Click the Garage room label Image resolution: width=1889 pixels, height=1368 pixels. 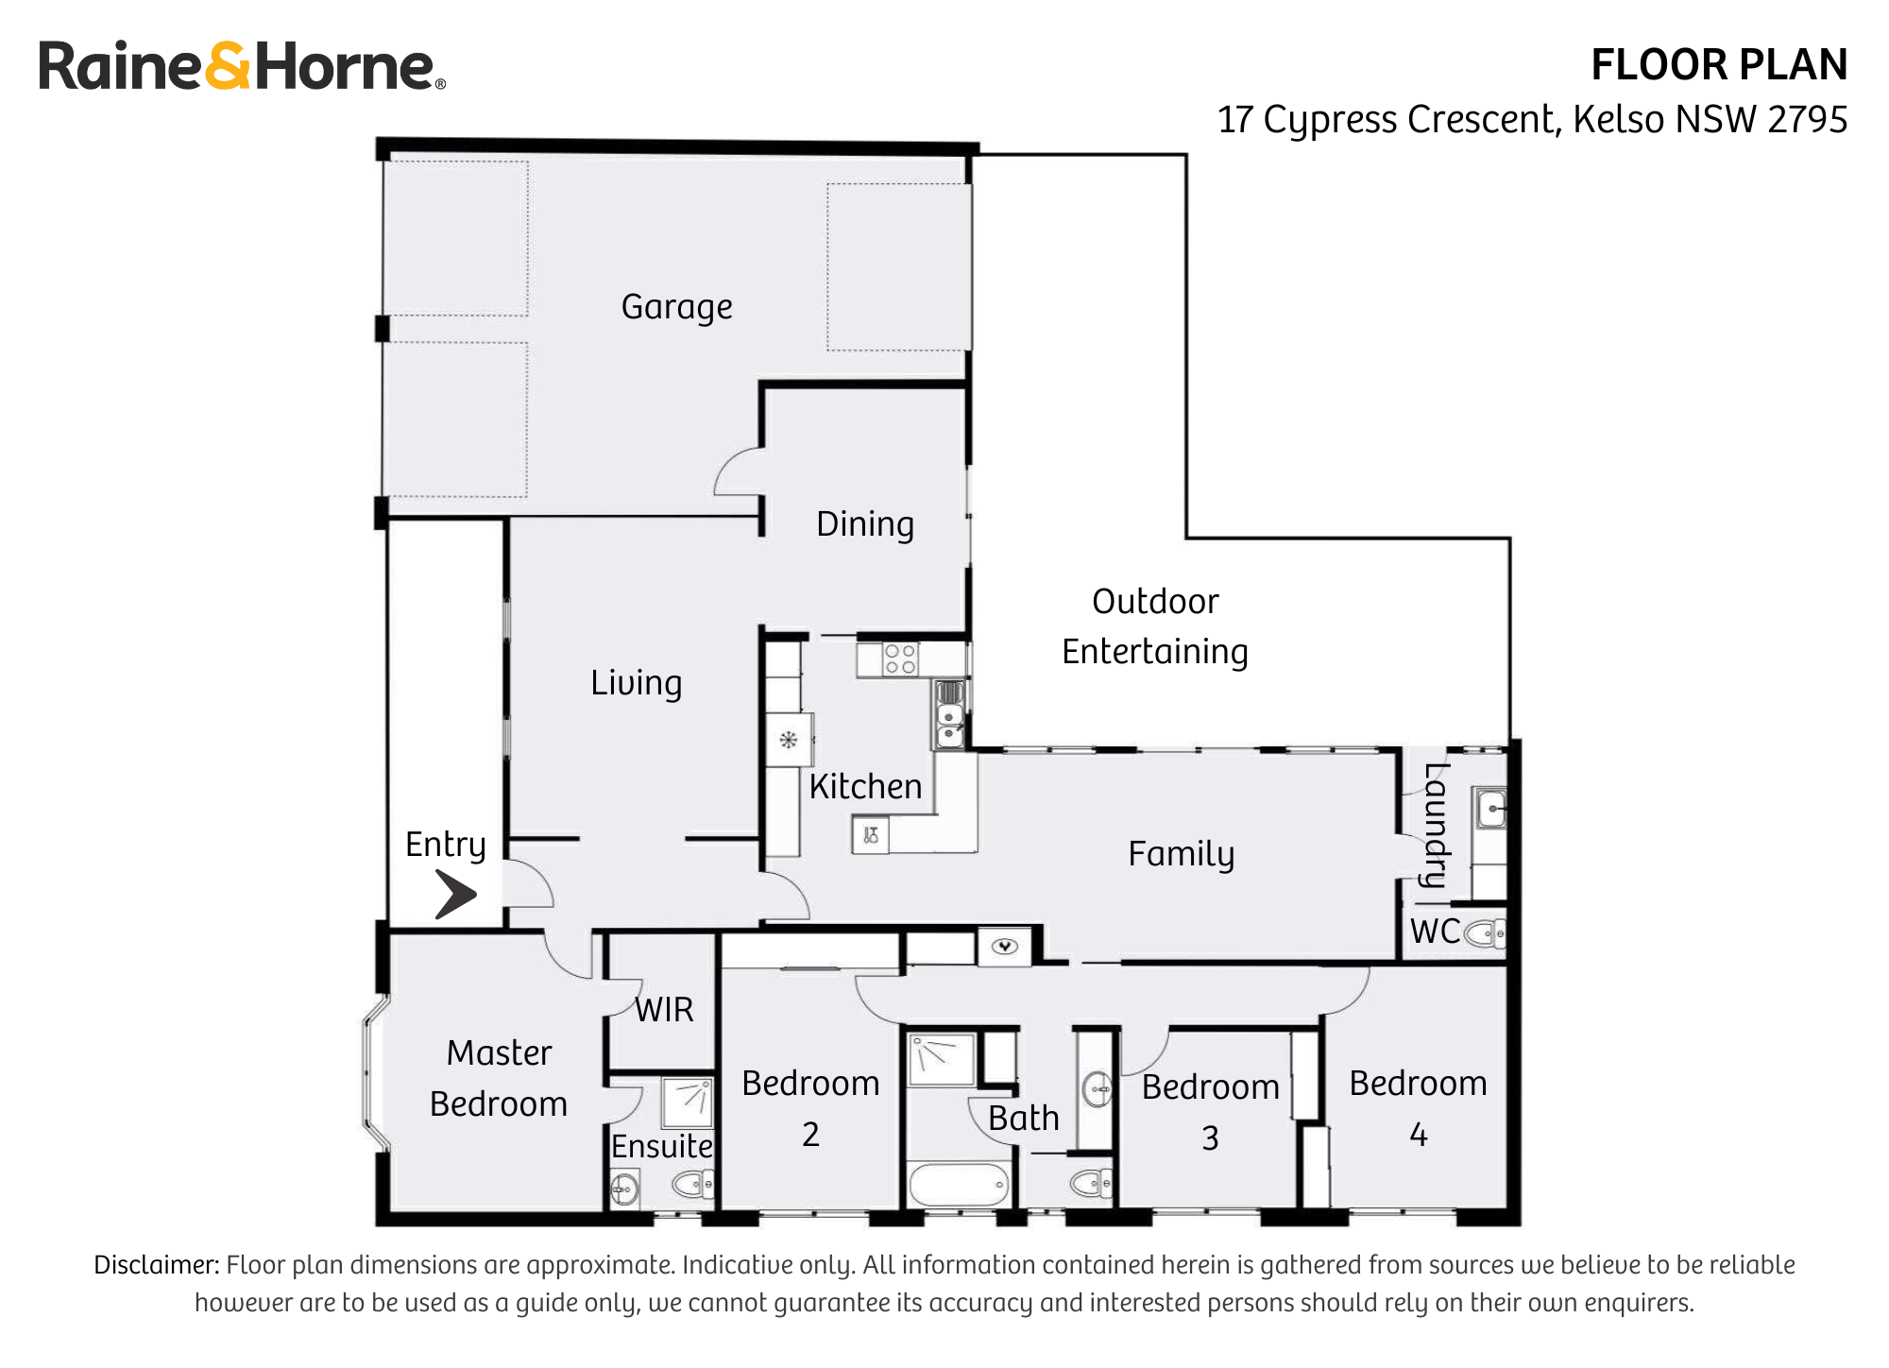[676, 307]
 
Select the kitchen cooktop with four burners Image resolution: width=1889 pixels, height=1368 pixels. [900, 658]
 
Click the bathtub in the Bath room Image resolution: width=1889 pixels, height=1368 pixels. [958, 1185]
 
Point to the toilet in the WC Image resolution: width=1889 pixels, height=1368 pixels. [1484, 933]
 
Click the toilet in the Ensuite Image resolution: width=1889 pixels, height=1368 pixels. [693, 1184]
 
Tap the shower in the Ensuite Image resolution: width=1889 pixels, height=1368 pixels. [687, 1102]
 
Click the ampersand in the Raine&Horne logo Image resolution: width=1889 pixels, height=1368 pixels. [228, 66]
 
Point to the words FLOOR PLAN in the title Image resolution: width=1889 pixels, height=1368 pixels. [1718, 65]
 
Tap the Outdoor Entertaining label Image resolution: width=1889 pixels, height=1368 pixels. [1154, 626]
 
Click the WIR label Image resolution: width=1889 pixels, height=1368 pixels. [664, 1010]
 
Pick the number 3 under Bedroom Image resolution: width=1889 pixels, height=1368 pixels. [1210, 1138]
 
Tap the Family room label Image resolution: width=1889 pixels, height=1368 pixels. [1181, 854]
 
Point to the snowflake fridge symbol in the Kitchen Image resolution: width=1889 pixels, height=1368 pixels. [789, 740]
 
